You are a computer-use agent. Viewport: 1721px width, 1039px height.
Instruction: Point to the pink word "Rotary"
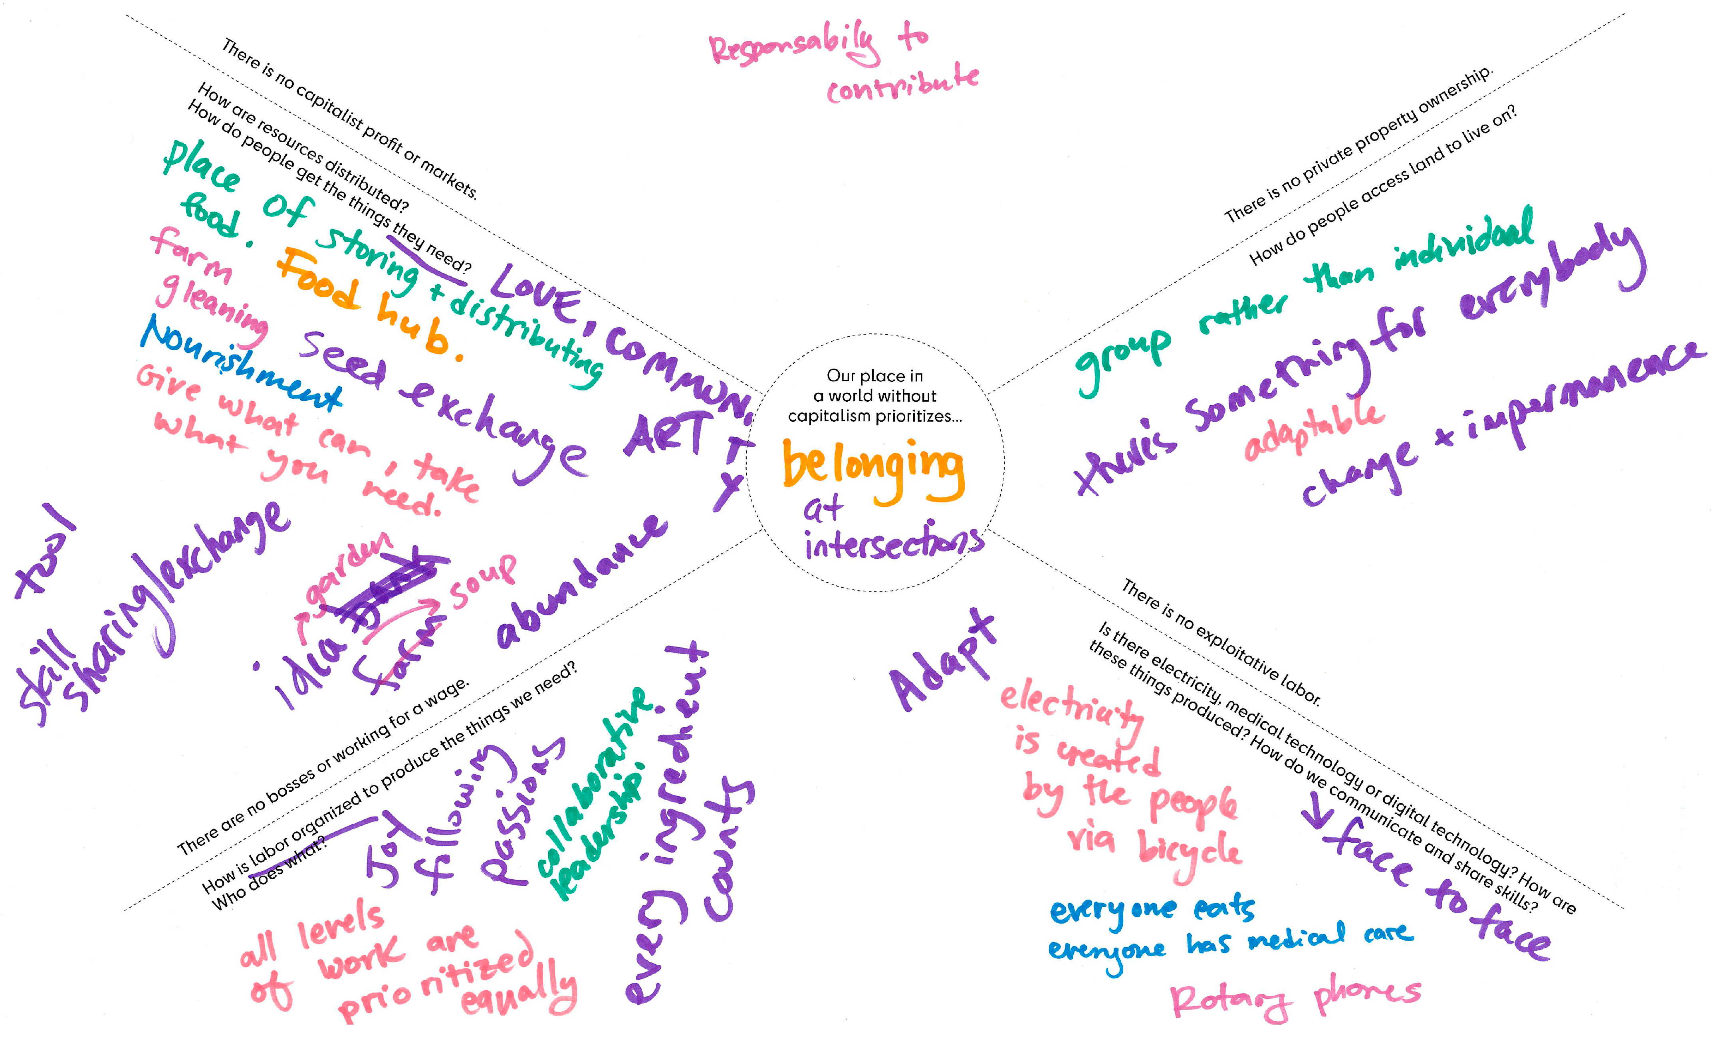[x=1229, y=1002]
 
